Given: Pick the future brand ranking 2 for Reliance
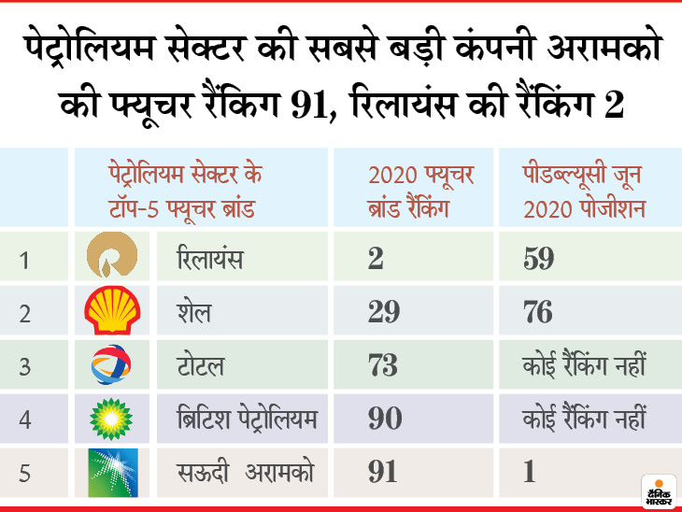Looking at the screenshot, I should [x=376, y=259].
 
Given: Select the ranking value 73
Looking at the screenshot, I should [x=384, y=365].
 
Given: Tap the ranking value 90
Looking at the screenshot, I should [x=384, y=419].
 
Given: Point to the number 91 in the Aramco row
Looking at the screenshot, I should [x=383, y=472].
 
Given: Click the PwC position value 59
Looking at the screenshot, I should [x=538, y=259].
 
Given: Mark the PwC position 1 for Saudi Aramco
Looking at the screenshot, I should [x=529, y=472].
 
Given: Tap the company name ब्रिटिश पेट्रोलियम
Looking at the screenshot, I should [x=247, y=419].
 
